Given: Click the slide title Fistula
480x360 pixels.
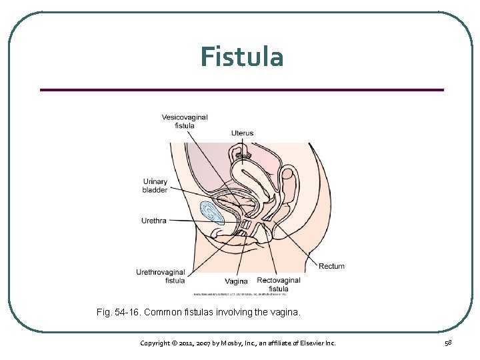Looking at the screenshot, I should coord(241,57).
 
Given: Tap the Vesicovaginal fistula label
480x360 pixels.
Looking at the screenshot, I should coord(185,121).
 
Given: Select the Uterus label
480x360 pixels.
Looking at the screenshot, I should coord(243,133).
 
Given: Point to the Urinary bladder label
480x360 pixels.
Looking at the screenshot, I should coord(155,185).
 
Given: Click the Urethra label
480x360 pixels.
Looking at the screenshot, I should coord(154,221).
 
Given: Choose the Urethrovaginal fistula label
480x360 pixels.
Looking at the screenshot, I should coord(161,276).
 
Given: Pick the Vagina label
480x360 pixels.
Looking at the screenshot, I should coord(236,281).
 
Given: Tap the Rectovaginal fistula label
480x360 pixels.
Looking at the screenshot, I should coord(279,285).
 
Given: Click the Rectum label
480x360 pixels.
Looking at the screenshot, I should coord(331,266).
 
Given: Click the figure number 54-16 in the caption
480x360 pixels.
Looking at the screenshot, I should coord(125,311).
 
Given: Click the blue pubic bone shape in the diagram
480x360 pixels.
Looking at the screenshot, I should coord(213,212).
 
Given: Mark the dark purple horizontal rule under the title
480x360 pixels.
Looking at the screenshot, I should coord(241,89).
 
